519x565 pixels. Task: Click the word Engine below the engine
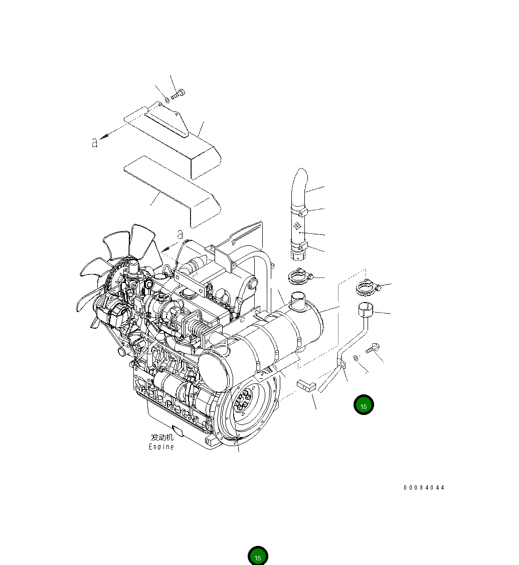coord(161,447)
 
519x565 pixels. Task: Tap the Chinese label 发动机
coord(162,438)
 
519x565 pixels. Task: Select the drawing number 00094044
coord(424,488)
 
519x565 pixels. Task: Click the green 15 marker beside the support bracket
coord(364,405)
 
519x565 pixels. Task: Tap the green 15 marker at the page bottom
coord(258,556)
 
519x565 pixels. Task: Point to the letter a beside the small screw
coord(94,143)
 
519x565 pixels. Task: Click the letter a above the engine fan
coord(180,234)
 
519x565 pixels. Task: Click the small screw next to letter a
coord(105,136)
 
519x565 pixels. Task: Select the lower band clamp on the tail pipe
coord(300,246)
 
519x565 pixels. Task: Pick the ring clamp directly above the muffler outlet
coord(299,275)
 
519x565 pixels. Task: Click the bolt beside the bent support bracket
coord(374,347)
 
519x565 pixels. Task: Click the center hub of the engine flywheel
coord(244,401)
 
